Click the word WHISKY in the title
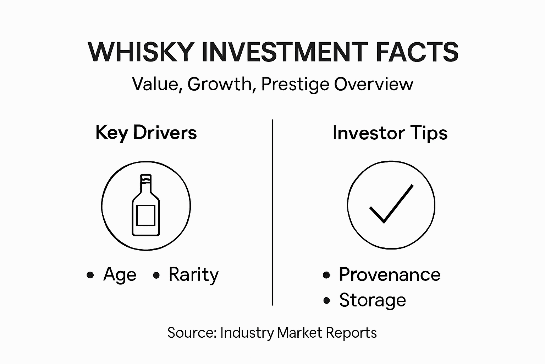(141, 52)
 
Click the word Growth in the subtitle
(219, 84)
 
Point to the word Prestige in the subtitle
(295, 85)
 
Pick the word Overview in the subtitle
(374, 84)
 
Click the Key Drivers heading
(146, 133)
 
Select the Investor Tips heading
(390, 133)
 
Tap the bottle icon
(146, 205)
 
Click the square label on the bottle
(146, 215)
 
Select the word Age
(120, 275)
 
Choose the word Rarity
(193, 275)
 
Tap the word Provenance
(390, 274)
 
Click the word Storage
(372, 300)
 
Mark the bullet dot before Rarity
(156, 275)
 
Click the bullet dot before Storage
(327, 301)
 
